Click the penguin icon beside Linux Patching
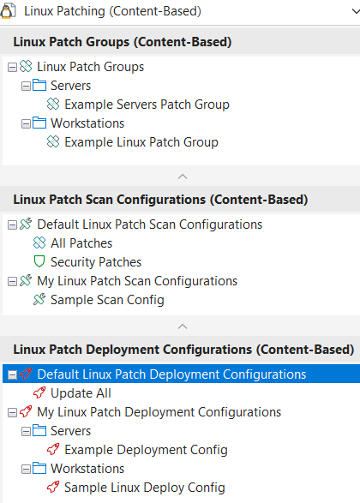point(7,11)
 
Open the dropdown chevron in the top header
point(356,11)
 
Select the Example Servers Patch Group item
point(147,105)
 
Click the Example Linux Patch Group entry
point(141,142)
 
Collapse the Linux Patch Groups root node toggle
point(12,68)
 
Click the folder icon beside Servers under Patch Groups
point(39,86)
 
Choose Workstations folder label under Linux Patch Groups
point(87,123)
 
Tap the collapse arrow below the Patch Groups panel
point(183,177)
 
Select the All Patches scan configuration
point(81,243)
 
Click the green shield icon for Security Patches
point(39,261)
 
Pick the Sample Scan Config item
point(107,300)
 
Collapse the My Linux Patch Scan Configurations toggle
point(12,282)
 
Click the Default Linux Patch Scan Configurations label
point(150,225)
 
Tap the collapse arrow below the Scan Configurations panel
point(183,326)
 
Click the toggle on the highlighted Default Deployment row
point(12,375)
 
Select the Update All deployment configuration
point(81,393)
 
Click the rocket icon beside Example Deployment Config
point(53,449)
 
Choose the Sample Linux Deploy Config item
point(145,488)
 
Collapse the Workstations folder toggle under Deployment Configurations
point(26,470)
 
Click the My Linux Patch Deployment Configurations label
point(159,412)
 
